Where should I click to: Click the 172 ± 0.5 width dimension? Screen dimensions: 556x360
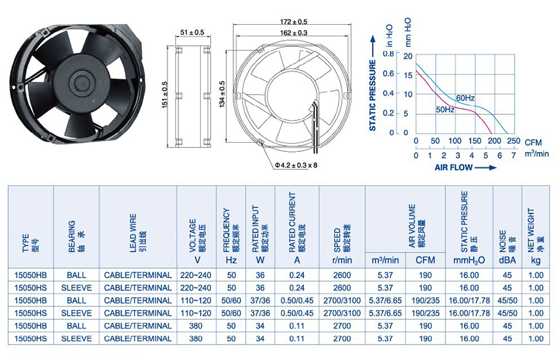click(x=293, y=22)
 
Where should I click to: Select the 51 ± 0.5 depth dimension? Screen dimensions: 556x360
click(x=192, y=33)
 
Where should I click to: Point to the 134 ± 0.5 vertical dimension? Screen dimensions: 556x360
click(x=222, y=94)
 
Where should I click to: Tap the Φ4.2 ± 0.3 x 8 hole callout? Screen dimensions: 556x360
click(x=296, y=165)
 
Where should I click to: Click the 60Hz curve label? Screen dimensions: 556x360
click(x=465, y=98)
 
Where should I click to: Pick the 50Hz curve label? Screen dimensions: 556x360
click(x=445, y=110)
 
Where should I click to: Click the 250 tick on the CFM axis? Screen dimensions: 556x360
click(x=513, y=141)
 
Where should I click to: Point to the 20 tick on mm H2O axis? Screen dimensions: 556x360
click(x=408, y=56)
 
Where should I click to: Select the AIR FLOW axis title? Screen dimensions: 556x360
click(x=453, y=167)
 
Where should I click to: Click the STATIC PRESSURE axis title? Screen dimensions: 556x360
click(x=373, y=95)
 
